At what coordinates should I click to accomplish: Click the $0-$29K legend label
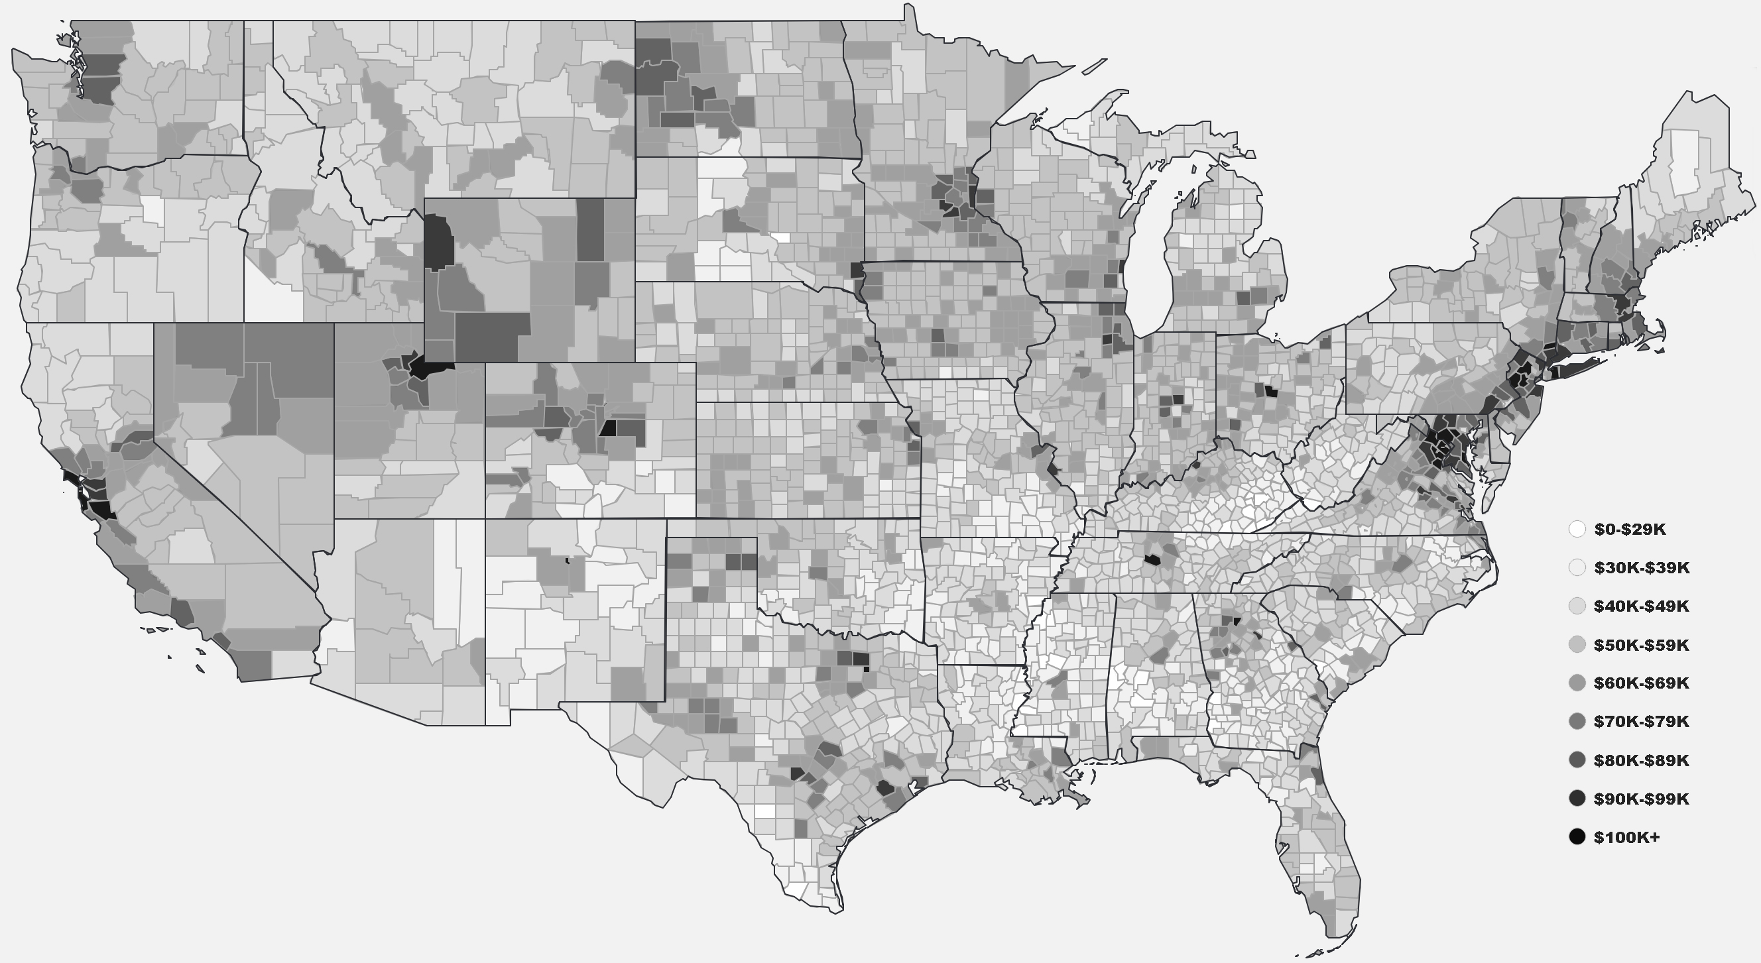pyautogui.click(x=1629, y=530)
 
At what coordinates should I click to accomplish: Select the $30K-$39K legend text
pyautogui.click(x=1641, y=568)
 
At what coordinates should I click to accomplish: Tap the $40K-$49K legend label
pyautogui.click(x=1641, y=606)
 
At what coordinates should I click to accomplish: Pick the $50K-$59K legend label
pyautogui.click(x=1641, y=645)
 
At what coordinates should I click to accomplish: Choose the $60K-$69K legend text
pyautogui.click(x=1641, y=683)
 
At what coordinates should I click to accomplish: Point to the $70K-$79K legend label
pyautogui.click(x=1641, y=722)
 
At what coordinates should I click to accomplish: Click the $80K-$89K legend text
pyautogui.click(x=1641, y=761)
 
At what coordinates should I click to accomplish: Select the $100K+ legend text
pyautogui.click(x=1626, y=838)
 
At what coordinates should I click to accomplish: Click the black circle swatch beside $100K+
pyautogui.click(x=1577, y=837)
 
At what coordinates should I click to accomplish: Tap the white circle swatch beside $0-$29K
pyautogui.click(x=1577, y=529)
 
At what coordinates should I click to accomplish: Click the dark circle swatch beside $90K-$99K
pyautogui.click(x=1577, y=798)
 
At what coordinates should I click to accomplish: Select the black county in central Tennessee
pyautogui.click(x=1152, y=560)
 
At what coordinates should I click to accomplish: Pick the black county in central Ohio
pyautogui.click(x=1271, y=392)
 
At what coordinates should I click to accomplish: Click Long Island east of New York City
pyautogui.click(x=1576, y=370)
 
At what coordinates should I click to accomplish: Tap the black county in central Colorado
pyautogui.click(x=608, y=429)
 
